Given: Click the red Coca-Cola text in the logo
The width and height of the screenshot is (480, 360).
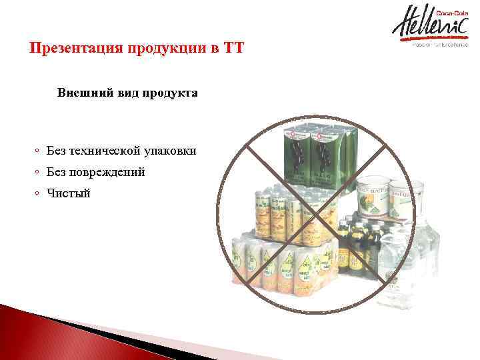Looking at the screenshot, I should [x=450, y=13].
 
